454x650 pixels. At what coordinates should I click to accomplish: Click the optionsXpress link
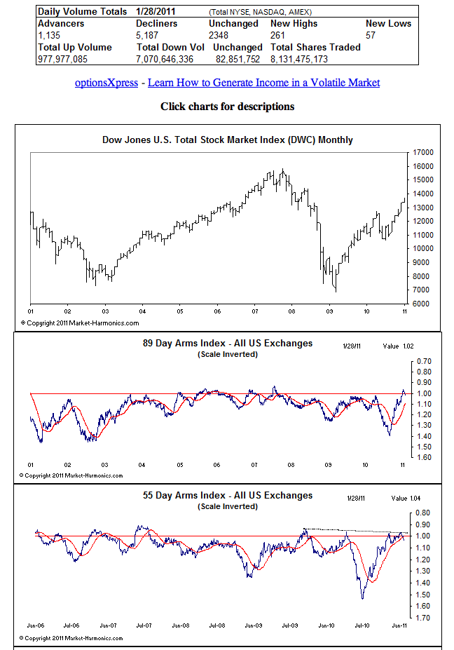pos(106,83)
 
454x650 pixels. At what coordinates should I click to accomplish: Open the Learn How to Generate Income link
pos(264,83)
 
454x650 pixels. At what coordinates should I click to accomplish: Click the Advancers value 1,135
pos(50,35)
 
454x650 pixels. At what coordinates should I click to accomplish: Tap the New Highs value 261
pos(278,35)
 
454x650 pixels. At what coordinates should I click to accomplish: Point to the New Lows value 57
pos(371,35)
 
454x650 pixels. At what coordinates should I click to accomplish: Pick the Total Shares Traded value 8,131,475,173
pos(309,60)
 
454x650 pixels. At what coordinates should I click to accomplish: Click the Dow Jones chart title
pos(228,140)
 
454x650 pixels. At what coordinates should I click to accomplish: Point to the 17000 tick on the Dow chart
pos(422,152)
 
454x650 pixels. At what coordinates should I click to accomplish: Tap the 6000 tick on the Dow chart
pos(422,304)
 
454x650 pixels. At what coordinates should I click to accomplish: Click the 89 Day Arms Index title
pos(228,344)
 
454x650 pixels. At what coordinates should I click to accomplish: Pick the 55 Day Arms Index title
pos(228,496)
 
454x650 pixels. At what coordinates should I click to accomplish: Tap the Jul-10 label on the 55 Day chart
pos(362,624)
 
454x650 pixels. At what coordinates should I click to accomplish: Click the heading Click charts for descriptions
pos(228,107)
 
